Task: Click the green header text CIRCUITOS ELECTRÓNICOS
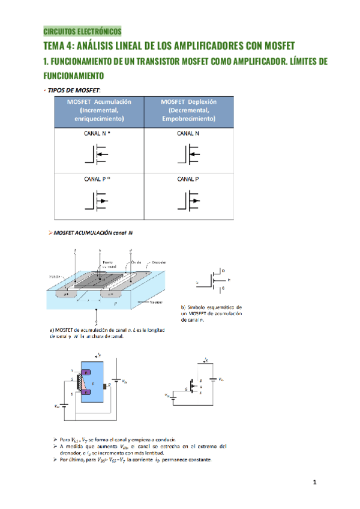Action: coord(82,31)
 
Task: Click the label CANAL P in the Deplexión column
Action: coord(188,179)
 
